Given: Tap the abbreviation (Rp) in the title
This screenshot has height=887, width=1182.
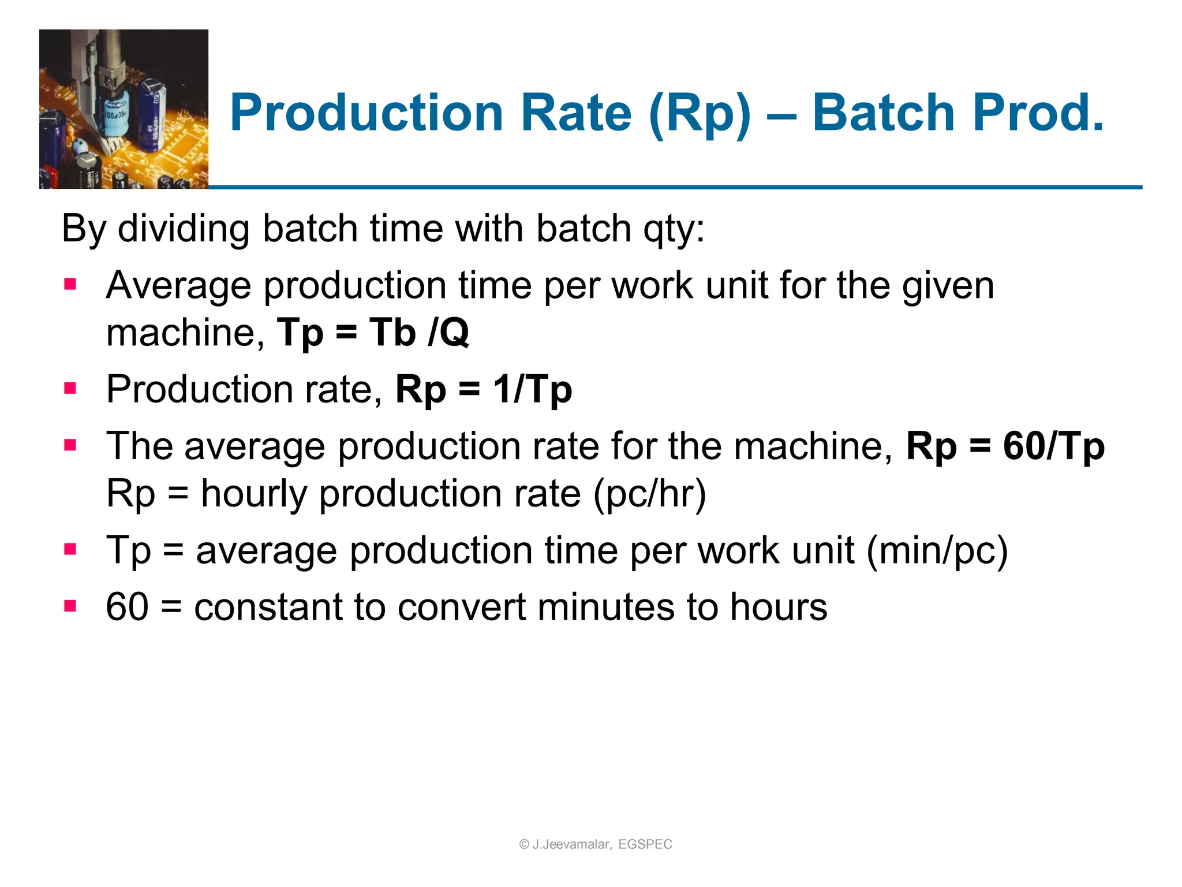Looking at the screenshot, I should click(700, 114).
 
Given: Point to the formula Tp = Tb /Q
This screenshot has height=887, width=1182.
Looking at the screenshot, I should click(373, 333).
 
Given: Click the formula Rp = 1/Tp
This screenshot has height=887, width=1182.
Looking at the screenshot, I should click(484, 390).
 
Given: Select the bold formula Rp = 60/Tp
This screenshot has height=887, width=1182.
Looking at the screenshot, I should click(1005, 446).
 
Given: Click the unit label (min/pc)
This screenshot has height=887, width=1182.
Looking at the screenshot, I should click(937, 550).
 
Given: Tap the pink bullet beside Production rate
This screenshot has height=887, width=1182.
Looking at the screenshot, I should click(70, 388).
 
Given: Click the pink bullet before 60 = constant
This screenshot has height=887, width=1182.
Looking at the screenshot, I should click(70, 606).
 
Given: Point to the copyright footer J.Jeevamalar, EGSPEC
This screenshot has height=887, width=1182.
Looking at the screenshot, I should click(596, 844).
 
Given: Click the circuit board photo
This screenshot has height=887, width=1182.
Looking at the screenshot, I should click(124, 109).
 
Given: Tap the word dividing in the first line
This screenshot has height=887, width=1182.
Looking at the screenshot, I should click(185, 229).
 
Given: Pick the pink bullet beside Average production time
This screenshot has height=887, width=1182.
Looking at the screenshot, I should click(70, 284).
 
